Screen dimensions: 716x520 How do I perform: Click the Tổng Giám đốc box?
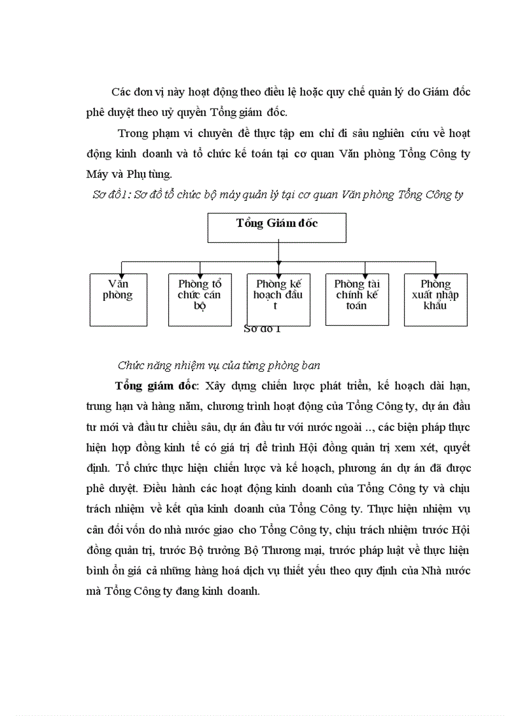click(277, 228)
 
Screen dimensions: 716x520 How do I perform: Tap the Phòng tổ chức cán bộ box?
click(199, 300)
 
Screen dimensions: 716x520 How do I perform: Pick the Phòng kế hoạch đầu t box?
click(278, 300)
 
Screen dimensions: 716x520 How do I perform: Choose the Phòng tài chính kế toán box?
click(357, 300)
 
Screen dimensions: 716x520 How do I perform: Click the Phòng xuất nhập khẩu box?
click(435, 300)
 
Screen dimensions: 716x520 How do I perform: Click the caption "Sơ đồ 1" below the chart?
click(262, 329)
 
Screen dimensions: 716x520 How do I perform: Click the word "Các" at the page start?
click(121, 92)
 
